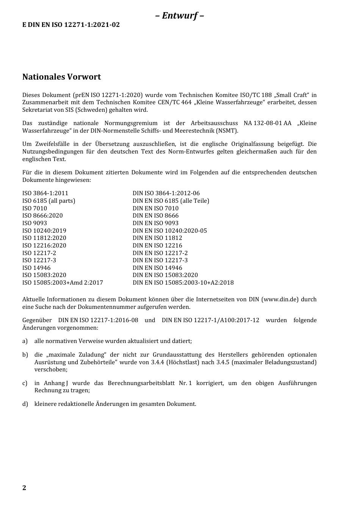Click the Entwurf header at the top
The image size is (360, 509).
point(180,16)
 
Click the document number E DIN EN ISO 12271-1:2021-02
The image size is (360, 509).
point(71,25)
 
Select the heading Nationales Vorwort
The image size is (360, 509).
point(61,77)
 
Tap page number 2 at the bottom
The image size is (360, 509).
point(24,488)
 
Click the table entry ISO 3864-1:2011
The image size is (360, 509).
point(45,193)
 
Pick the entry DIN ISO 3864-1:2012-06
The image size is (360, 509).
point(166,193)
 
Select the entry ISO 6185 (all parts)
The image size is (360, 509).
point(49,201)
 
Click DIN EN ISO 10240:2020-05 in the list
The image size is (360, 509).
point(169,231)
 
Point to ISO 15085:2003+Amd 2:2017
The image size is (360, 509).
point(63,283)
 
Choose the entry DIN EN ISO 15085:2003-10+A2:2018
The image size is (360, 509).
point(183,283)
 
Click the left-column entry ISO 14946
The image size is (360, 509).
point(36,268)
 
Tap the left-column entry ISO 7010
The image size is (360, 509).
point(34,208)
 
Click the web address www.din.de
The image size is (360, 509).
point(280,299)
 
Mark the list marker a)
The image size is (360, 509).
point(25,341)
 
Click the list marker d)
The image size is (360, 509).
point(25,404)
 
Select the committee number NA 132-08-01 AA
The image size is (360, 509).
point(268,123)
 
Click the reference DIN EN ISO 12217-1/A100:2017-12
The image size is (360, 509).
point(210,320)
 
